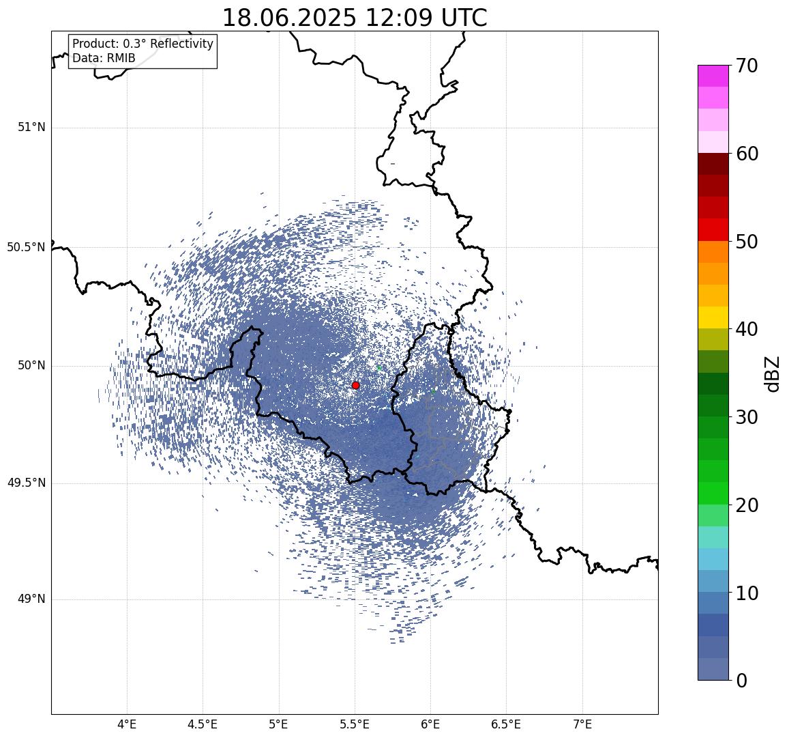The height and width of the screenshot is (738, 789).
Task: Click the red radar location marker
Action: (x=356, y=385)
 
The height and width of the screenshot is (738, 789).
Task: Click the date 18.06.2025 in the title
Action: (x=289, y=18)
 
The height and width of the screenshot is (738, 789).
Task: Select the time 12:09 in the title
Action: (x=398, y=18)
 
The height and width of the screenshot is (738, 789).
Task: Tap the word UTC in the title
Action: (x=464, y=18)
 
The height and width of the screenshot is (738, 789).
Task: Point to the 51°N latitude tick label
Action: (x=31, y=128)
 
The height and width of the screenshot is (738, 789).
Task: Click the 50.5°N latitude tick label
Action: (x=26, y=247)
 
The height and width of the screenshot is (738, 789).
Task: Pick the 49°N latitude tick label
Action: (x=31, y=599)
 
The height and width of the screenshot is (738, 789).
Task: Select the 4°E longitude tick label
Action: (x=127, y=724)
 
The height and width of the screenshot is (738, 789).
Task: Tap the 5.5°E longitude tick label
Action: (x=355, y=724)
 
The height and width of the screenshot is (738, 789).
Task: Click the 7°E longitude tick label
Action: (x=582, y=724)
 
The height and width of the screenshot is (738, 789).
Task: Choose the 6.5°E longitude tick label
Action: (x=506, y=724)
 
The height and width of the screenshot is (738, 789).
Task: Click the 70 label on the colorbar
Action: (x=747, y=66)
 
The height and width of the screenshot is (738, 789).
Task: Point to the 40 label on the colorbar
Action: (x=747, y=329)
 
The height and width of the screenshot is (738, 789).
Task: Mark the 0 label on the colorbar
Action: (x=742, y=681)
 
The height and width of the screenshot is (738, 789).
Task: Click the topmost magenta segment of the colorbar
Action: (x=713, y=76)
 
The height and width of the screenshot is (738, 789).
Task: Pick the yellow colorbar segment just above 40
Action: (x=713, y=318)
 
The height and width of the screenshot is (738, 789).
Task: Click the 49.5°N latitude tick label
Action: (x=26, y=483)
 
